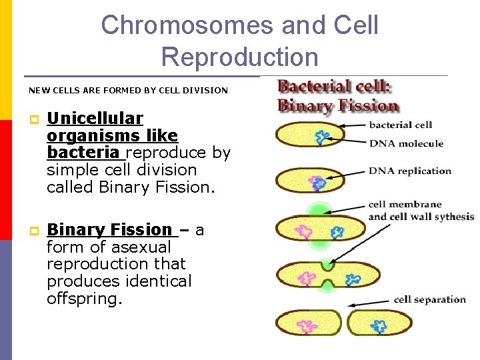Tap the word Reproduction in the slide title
pyautogui.click(x=239, y=57)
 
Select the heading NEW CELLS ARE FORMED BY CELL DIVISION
pyautogui.click(x=128, y=90)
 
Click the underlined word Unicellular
pyautogui.click(x=95, y=119)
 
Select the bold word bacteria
pyautogui.click(x=83, y=153)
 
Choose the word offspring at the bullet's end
pyautogui.click(x=83, y=299)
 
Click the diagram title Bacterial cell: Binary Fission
pyautogui.click(x=337, y=96)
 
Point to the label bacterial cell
pyautogui.click(x=401, y=125)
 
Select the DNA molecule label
pyautogui.click(x=406, y=143)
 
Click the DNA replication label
pyautogui.click(x=410, y=171)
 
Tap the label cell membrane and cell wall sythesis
pyautogui.click(x=420, y=211)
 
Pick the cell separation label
pyautogui.click(x=429, y=299)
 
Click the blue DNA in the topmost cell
pyautogui.click(x=323, y=137)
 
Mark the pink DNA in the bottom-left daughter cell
pyautogui.click(x=307, y=326)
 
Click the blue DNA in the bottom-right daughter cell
pyautogui.click(x=379, y=325)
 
